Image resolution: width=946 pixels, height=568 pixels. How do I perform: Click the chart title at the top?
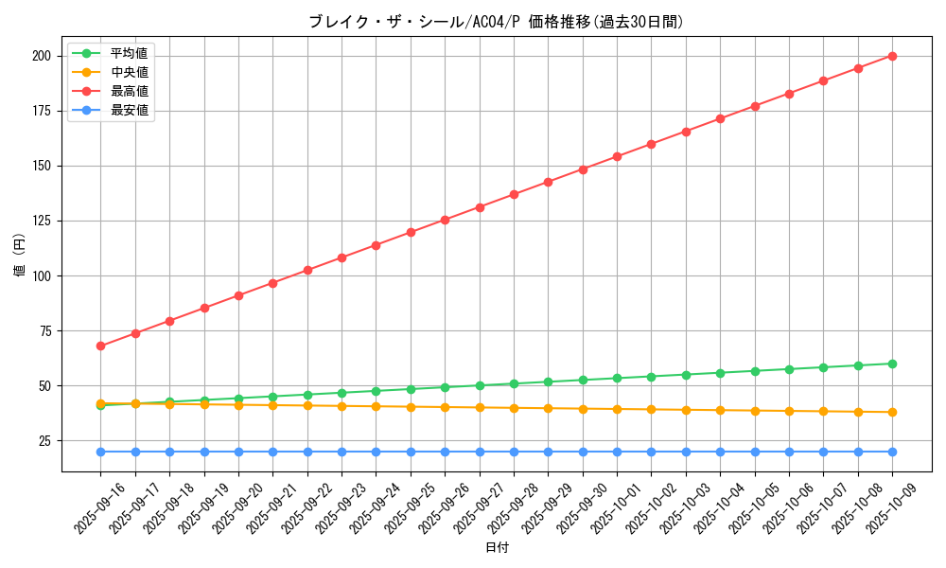point(496,22)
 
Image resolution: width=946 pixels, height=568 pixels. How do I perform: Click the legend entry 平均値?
point(129,53)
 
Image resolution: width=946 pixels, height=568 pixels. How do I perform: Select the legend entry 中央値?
point(129,72)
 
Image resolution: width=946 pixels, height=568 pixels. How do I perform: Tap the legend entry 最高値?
point(129,91)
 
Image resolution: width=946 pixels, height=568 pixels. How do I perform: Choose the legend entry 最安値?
point(129,110)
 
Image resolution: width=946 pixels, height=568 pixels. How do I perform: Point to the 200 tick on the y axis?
point(41,56)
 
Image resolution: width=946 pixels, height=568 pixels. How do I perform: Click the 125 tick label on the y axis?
point(41,221)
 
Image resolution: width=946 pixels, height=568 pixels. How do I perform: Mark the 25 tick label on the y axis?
point(44,441)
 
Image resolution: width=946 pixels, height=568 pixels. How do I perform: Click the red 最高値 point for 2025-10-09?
point(892,56)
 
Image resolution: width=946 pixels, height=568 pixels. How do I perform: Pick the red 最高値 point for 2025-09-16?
point(101,346)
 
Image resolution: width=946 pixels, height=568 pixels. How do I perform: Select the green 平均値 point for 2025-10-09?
point(892,364)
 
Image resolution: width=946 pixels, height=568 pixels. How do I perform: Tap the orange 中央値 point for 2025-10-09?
point(892,412)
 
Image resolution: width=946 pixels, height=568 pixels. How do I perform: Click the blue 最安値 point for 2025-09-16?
point(101,452)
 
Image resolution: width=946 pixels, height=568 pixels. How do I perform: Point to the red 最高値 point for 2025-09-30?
point(583,169)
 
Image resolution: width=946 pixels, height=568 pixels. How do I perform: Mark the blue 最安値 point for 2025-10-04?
point(720,452)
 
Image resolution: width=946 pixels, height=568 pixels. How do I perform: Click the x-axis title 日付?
point(497,548)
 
